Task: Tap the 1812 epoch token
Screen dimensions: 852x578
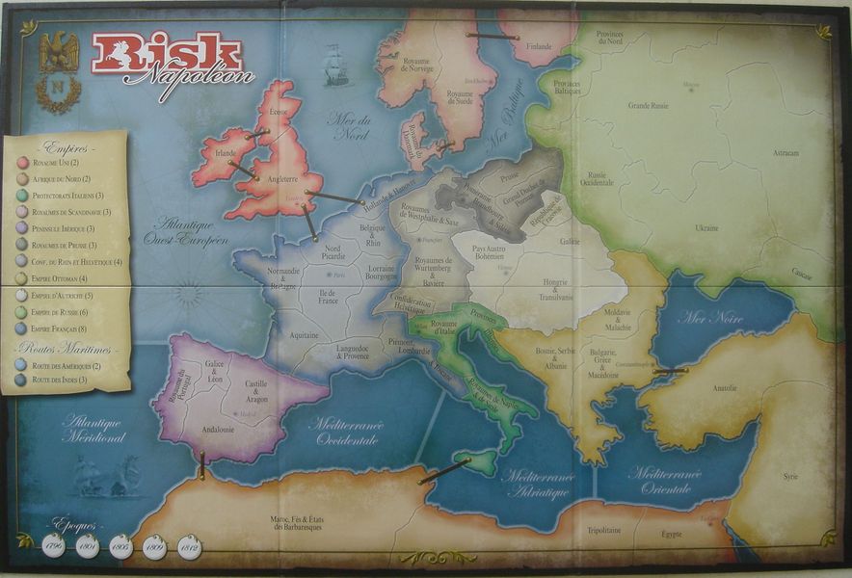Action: [x=190, y=547]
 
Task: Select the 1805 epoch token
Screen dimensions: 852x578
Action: [x=121, y=546]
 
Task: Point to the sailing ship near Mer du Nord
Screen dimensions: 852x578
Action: [x=336, y=65]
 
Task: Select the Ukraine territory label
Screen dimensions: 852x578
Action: [x=706, y=228]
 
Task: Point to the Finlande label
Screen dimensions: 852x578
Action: [x=539, y=46]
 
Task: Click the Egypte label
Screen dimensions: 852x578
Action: [x=671, y=534]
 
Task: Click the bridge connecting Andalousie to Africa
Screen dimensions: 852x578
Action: [x=202, y=468]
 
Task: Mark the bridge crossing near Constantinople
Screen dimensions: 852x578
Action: [x=669, y=371]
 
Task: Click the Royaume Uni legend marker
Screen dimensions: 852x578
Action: [x=21, y=163]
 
